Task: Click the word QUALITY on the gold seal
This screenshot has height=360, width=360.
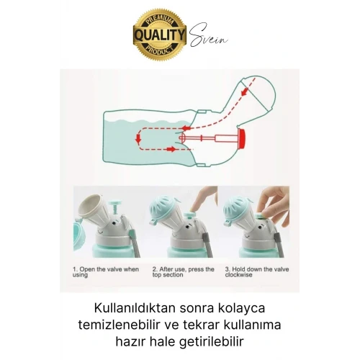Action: (x=160, y=35)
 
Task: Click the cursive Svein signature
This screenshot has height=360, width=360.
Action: (x=208, y=35)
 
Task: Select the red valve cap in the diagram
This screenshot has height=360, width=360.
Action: (x=241, y=138)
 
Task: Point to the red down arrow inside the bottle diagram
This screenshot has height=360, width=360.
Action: (x=138, y=138)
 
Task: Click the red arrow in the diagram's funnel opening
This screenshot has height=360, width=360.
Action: (x=244, y=91)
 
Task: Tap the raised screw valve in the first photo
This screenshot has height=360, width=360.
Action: (x=114, y=209)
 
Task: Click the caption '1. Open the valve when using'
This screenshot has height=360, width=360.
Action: (x=106, y=272)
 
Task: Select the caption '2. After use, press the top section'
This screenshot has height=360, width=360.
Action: (x=183, y=272)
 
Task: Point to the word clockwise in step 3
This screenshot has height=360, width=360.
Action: (x=238, y=275)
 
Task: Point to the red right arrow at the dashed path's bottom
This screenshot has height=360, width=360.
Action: (x=171, y=149)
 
